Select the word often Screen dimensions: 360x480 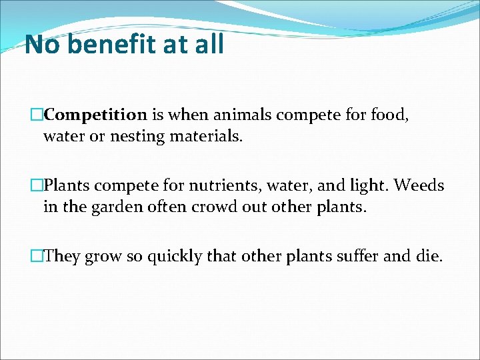[x=163, y=207]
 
